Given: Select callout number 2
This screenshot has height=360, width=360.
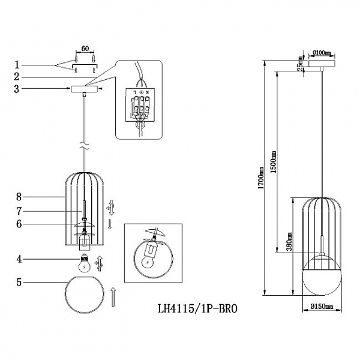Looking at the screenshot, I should pos(18,77).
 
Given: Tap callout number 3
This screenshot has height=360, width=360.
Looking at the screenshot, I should pos(18,89).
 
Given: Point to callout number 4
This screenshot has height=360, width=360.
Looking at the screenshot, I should pos(19,259).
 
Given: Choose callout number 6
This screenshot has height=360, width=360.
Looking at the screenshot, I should pos(19,223).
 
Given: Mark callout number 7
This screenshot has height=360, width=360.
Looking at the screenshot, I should pos(19,211).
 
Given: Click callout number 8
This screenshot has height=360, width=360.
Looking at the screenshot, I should pos(19,196).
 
